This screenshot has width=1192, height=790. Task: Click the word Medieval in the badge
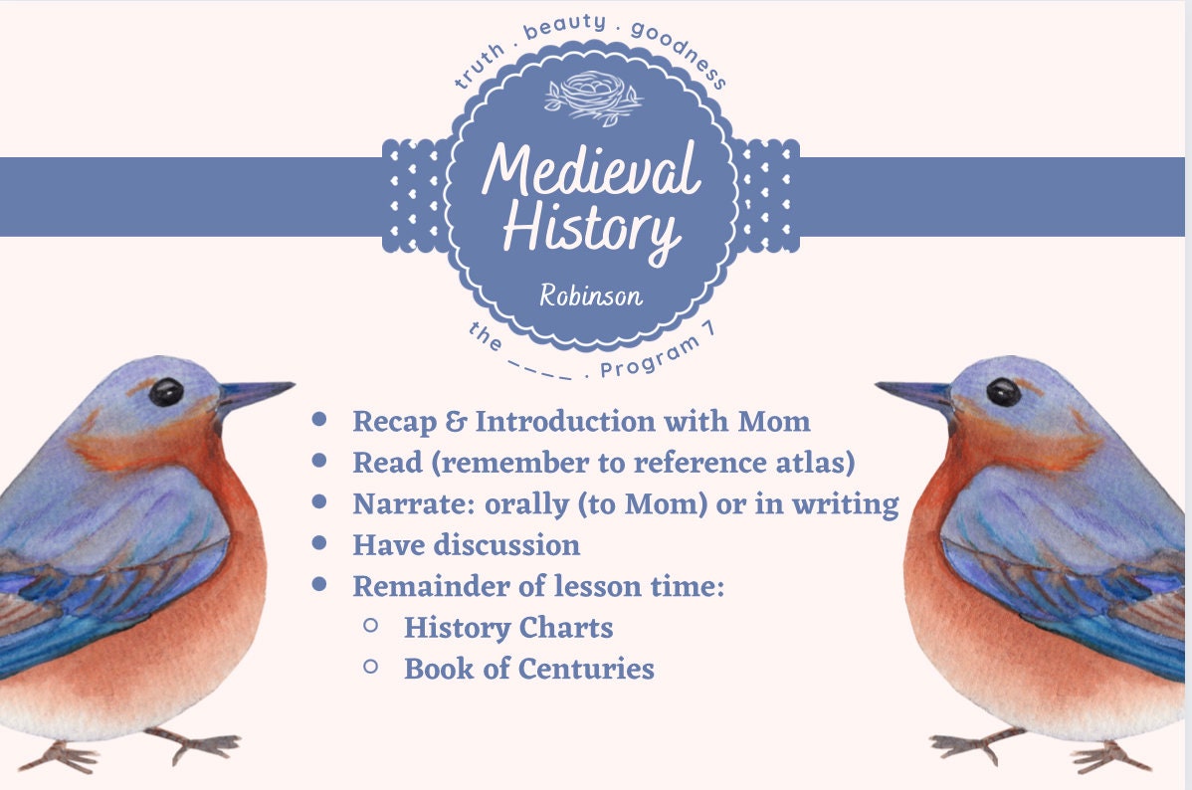pyautogui.click(x=591, y=170)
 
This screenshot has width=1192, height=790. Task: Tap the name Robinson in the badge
pyautogui.click(x=591, y=296)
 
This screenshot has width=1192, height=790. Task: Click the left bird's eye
pyautogui.click(x=166, y=392)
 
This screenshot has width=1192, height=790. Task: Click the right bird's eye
pyautogui.click(x=1003, y=391)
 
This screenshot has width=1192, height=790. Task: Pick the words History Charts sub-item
pyautogui.click(x=507, y=628)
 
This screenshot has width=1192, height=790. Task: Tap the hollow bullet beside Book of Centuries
pyautogui.click(x=371, y=667)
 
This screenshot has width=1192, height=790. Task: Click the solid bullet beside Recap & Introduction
pyautogui.click(x=319, y=420)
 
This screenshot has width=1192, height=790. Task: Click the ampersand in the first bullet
pyautogui.click(x=457, y=422)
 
